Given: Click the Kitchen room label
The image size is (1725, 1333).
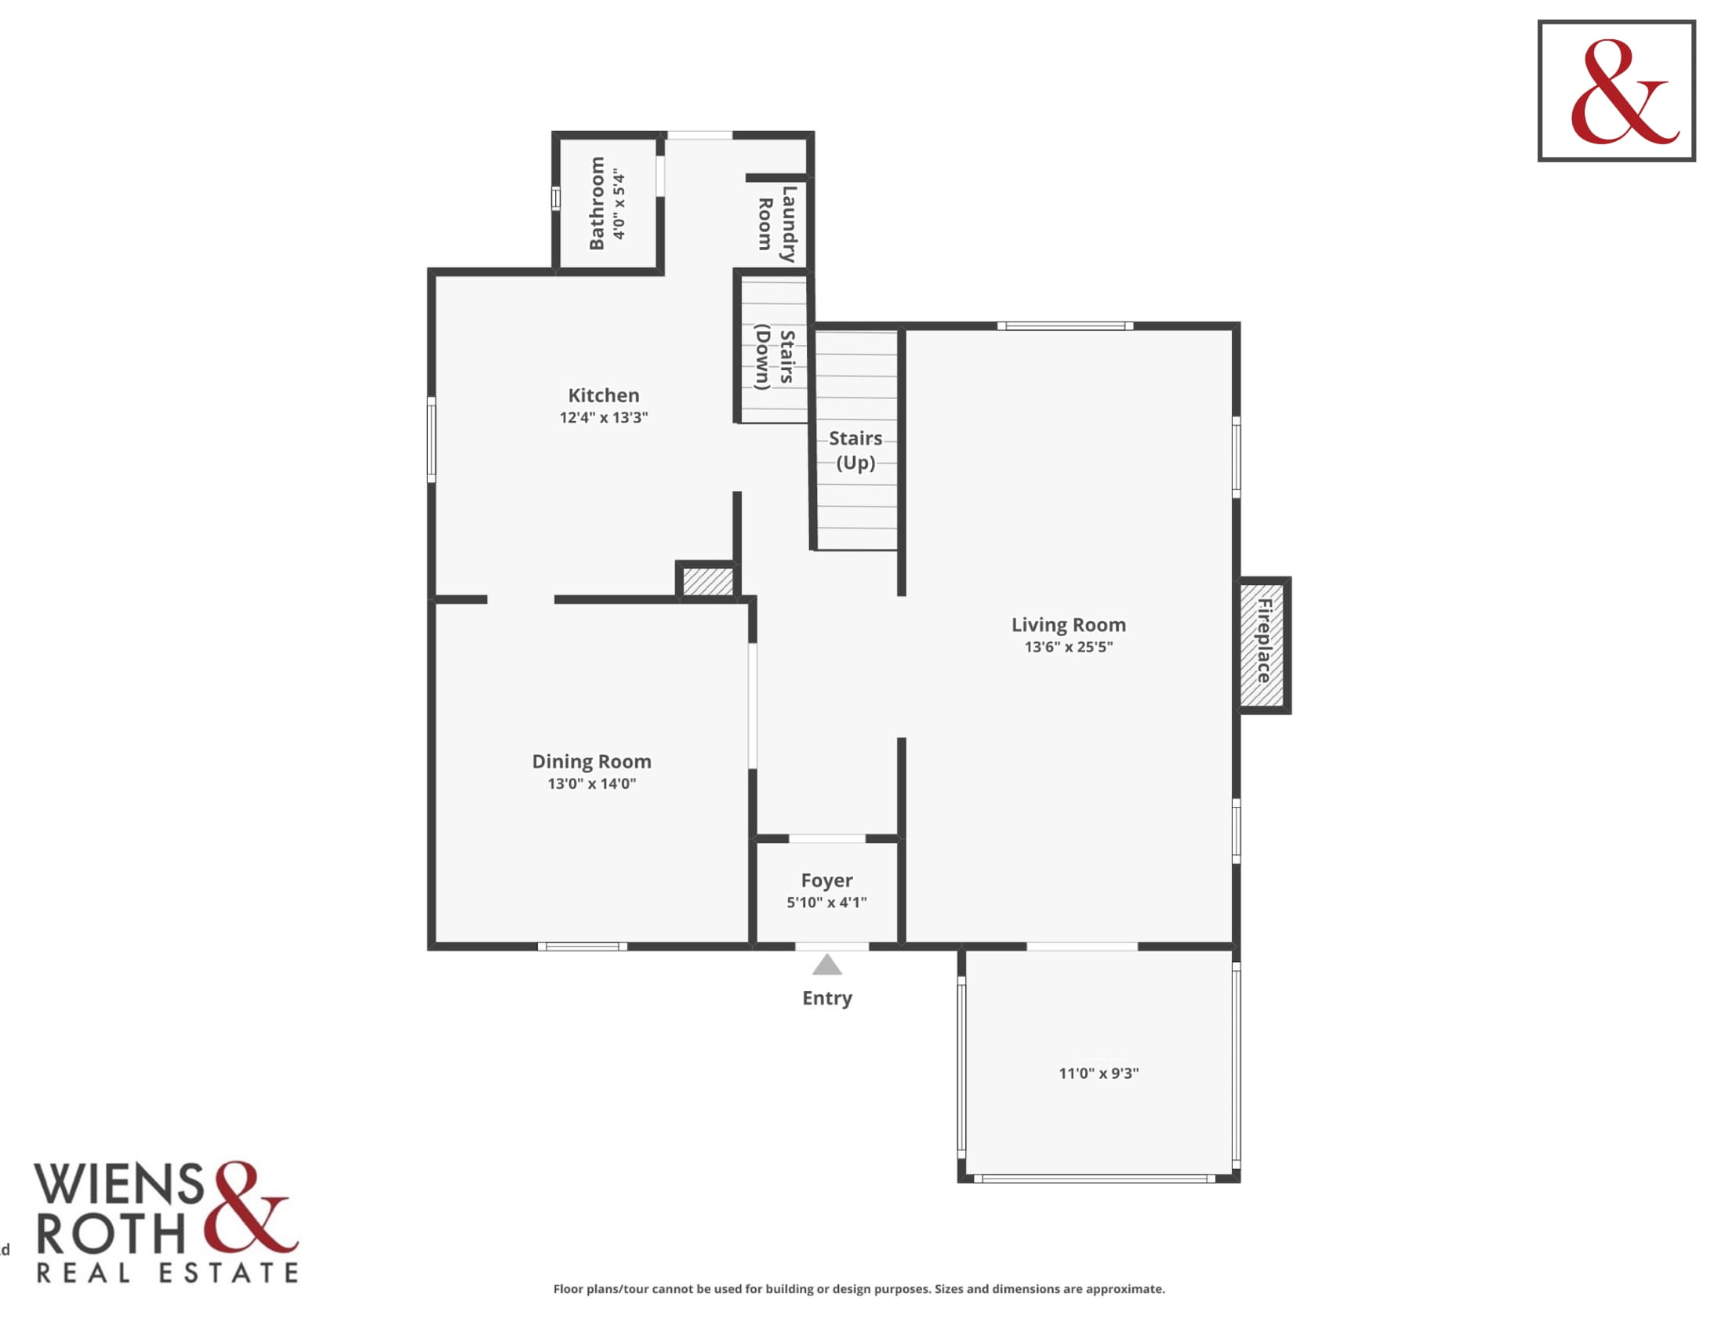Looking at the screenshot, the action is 604,395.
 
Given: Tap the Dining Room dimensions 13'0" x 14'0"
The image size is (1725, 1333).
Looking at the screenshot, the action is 591,783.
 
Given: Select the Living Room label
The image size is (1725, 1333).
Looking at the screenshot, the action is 1069,625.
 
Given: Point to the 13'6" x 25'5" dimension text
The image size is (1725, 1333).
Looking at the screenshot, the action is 1069,647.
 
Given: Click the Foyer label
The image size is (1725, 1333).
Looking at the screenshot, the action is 827,881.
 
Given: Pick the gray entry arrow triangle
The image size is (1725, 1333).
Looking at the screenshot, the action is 827,964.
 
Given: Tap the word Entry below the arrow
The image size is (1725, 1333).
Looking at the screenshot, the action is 827,998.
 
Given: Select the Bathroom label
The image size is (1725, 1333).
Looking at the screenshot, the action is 597,203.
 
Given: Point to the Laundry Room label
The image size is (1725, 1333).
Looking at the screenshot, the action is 776,223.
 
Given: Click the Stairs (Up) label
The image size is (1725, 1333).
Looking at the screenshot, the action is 855,450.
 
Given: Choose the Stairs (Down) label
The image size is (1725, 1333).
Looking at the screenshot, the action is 775,357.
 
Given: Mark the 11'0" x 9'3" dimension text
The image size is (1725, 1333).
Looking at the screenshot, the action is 1099,1073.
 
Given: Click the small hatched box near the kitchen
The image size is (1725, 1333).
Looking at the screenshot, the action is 708,581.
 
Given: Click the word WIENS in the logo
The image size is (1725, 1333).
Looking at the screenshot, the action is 118,1184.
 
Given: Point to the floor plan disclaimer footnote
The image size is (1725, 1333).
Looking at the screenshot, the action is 859,1289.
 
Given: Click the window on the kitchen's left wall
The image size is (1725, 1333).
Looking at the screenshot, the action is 431,440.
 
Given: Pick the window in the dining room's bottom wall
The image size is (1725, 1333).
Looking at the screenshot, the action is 582,946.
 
